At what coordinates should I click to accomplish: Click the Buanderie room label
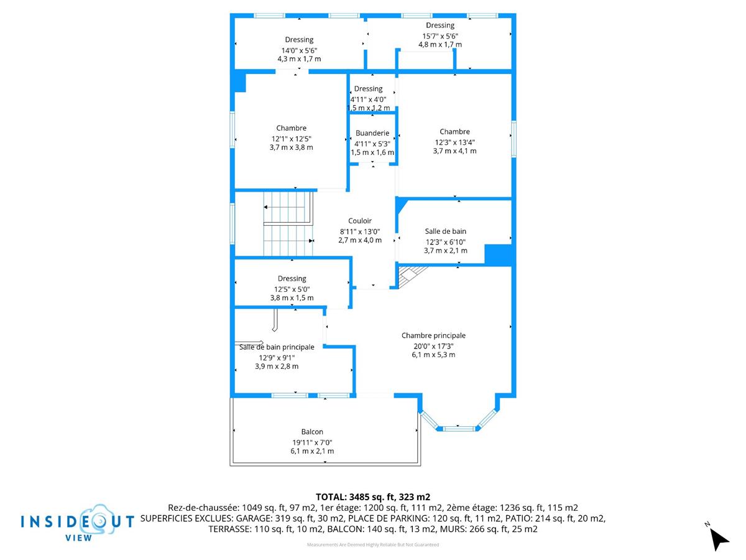[x=372, y=133]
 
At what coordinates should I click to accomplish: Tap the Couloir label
[x=359, y=221]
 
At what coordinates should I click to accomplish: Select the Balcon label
[x=312, y=431]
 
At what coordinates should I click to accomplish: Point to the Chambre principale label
[x=433, y=335]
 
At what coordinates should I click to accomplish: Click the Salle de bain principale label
[x=277, y=347]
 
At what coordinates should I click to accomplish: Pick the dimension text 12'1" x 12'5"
[x=292, y=139]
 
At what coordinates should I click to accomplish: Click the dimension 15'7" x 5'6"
[x=440, y=35]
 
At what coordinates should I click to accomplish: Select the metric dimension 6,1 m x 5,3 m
[x=433, y=354]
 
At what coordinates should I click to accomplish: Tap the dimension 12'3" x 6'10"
[x=446, y=242]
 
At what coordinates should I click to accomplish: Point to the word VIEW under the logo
[x=78, y=538]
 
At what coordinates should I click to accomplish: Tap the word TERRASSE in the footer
[x=230, y=529]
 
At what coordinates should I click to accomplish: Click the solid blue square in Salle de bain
[x=498, y=254]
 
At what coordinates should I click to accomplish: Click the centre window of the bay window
[x=458, y=429]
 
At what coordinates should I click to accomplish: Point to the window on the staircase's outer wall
[x=233, y=223]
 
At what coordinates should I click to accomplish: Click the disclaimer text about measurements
[x=373, y=544]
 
